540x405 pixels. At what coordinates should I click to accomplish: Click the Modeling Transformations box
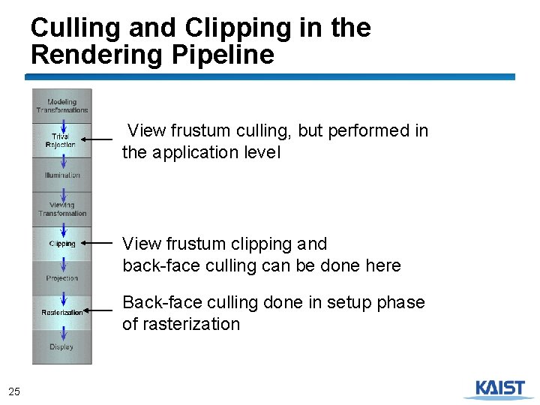pos(62,106)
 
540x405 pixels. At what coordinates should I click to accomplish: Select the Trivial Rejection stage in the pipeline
pos(60,140)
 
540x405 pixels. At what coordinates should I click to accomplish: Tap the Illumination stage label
pos(62,175)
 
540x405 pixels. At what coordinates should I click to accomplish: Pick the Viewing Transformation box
pos(62,209)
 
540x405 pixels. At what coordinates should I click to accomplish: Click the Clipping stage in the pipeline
pos(62,244)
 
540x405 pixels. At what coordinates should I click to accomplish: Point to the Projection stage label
pos(62,278)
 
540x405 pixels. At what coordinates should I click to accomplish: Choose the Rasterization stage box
pos(62,312)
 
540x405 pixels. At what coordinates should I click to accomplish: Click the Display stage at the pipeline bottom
pos(61,346)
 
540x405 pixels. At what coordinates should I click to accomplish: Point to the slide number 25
pos(14,391)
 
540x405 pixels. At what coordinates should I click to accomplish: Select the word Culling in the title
pos(74,28)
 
